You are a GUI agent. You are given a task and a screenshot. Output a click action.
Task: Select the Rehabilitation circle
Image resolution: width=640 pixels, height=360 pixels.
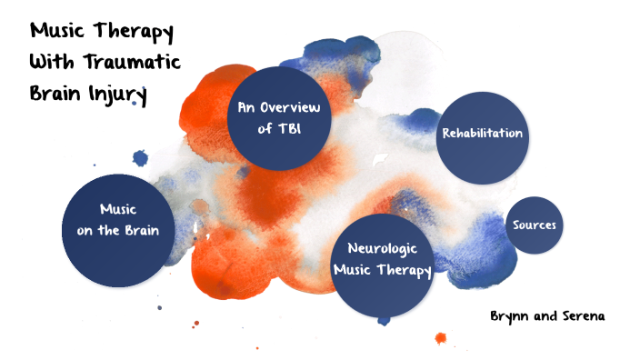[x=482, y=134]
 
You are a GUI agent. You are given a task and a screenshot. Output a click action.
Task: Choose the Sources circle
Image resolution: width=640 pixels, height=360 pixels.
[x=534, y=225]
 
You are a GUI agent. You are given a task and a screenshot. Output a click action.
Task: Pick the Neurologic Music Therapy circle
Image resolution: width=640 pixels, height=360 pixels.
[x=381, y=258]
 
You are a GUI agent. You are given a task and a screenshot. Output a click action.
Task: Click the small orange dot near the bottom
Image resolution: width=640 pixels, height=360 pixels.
[x=441, y=338]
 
